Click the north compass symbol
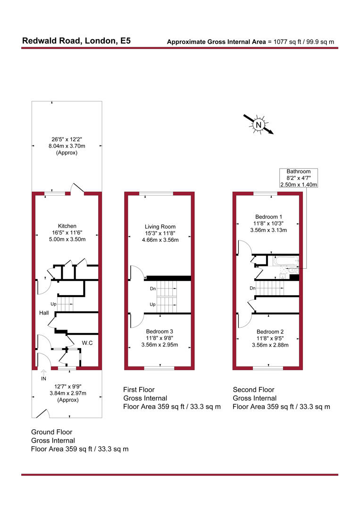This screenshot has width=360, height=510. tap(259, 125)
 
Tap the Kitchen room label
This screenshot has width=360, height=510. tap(67, 226)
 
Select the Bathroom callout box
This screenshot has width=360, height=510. tap(299, 178)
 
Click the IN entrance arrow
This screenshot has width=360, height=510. tap(44, 374)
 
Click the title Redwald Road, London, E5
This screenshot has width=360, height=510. tap(76, 41)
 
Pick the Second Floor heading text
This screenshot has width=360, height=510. tap(253, 390)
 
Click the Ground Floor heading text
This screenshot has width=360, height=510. tap(51, 432)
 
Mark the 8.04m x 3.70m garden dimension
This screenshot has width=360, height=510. tap(67, 146)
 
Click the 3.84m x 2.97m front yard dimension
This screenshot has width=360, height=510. tap(67, 393)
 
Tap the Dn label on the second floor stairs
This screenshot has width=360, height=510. tap(253, 288)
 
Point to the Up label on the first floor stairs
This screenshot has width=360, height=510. tap(152, 305)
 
